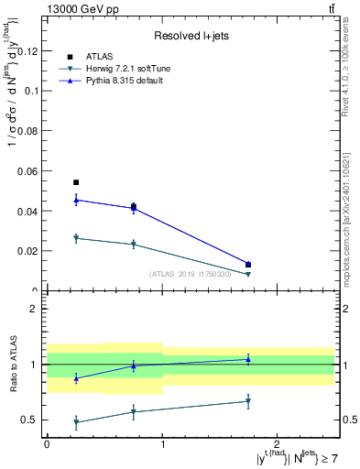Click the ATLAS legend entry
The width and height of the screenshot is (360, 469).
(x=98, y=55)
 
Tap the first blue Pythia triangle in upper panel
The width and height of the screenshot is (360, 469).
(x=76, y=200)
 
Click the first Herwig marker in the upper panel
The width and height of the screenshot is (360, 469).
(x=76, y=238)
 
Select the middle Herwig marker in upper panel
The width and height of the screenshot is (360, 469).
(x=134, y=245)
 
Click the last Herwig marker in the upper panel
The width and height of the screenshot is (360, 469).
(x=248, y=274)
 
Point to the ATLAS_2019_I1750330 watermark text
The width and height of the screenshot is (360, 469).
(x=191, y=273)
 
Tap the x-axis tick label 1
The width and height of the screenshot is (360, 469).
(x=162, y=442)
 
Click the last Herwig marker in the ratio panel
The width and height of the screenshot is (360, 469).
(x=248, y=401)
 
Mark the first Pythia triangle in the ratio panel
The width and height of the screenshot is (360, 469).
(x=76, y=378)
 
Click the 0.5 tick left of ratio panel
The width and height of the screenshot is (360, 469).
(x=32, y=420)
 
